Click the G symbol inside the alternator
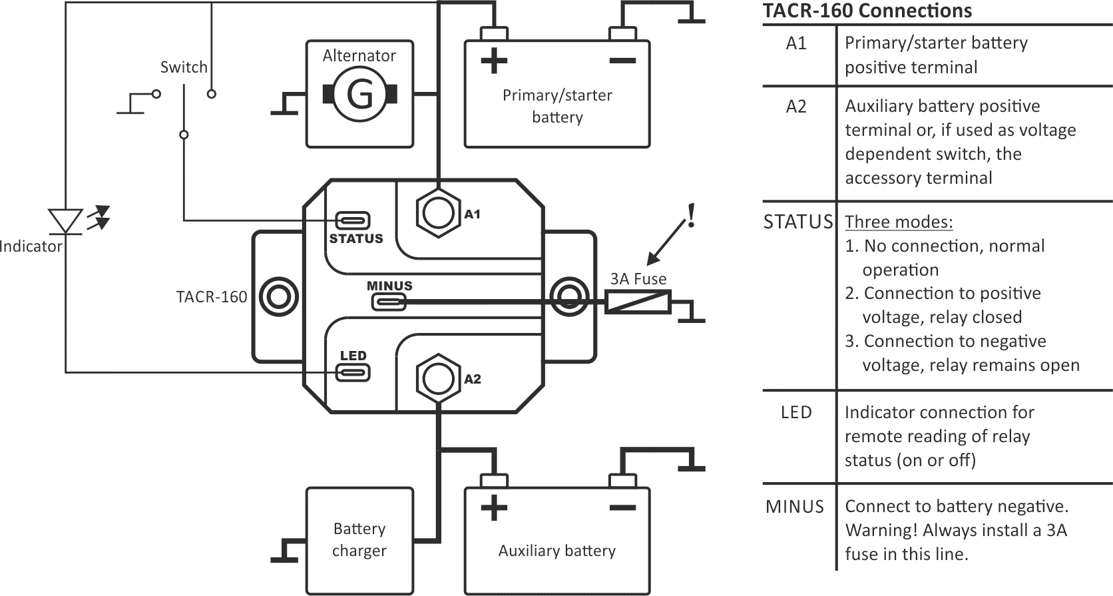coord(359,95)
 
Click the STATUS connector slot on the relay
coord(352,220)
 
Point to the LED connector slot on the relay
coord(352,372)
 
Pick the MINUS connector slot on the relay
coord(388,302)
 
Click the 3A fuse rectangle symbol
coord(638,302)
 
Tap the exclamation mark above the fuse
coord(692,215)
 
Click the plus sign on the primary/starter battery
coord(493,61)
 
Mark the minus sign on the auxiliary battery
coord(622,508)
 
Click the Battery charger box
coord(359,540)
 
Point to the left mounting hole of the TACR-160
coord(278,296)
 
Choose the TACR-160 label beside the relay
coord(211,297)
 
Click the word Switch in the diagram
coord(184,67)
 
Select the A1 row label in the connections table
coord(796,43)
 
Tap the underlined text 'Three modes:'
coord(899,222)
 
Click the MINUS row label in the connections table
coord(795,507)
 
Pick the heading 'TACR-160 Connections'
coord(867,11)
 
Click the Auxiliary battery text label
coord(556,551)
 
